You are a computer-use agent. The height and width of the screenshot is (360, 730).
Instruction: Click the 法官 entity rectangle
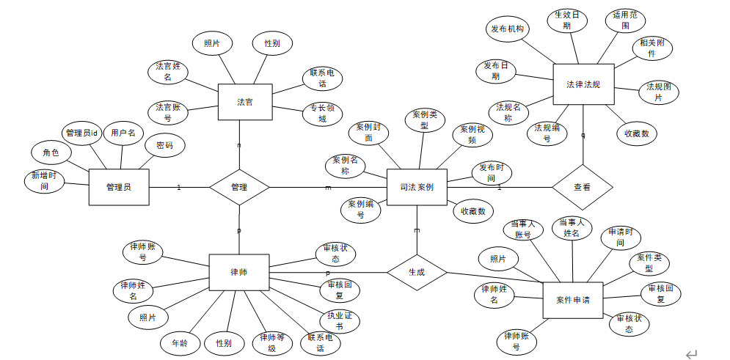245,102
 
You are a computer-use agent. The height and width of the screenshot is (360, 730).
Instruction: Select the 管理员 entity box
118,187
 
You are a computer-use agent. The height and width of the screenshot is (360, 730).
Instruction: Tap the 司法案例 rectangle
417,187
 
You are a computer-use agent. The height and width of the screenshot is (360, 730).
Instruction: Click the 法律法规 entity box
583,84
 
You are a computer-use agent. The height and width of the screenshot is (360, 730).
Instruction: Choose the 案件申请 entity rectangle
572,300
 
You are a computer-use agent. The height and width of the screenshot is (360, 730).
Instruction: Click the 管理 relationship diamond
239,187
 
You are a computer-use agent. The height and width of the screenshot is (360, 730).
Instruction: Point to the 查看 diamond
582,187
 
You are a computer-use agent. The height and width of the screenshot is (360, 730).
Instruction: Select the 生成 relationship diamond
417,272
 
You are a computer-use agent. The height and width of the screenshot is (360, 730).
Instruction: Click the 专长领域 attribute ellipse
322,114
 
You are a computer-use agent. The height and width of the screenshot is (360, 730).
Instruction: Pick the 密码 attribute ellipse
164,145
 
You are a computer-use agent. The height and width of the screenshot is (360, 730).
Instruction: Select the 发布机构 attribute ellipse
506,29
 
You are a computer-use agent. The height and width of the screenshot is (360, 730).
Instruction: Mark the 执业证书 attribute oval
339,321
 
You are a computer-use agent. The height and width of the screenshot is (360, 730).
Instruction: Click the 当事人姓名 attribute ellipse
572,227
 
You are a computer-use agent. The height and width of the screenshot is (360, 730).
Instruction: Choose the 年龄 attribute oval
180,343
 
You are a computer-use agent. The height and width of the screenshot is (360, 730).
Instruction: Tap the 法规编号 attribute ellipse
547,133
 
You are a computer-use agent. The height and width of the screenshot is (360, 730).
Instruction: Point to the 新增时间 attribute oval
45,181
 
